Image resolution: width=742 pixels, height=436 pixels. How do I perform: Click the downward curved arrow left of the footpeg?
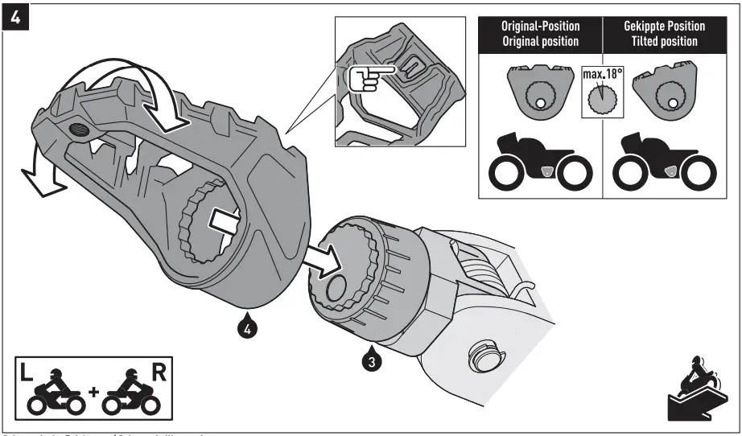coord(37,173)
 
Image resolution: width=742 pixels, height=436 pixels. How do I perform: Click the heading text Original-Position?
coord(541,26)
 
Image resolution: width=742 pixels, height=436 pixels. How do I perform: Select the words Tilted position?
coord(664,41)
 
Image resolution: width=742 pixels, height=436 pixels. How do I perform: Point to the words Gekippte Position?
coord(664,26)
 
